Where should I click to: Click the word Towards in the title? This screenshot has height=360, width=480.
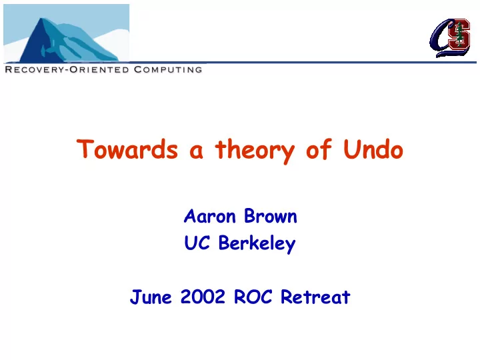(x=127, y=149)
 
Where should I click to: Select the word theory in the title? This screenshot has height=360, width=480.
(x=255, y=151)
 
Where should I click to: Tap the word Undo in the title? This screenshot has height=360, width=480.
(x=373, y=149)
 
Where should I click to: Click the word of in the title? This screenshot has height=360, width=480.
(x=319, y=149)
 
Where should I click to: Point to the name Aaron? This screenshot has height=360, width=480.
(x=210, y=216)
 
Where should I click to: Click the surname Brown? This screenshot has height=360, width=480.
(x=271, y=216)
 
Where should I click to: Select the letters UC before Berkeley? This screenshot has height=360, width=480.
(x=197, y=243)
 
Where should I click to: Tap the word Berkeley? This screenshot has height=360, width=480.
(x=257, y=244)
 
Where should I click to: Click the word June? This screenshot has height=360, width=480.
(x=151, y=297)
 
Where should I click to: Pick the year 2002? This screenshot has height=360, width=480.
(x=203, y=297)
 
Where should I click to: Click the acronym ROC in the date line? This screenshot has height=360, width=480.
(x=253, y=297)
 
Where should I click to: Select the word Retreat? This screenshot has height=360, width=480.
(x=315, y=297)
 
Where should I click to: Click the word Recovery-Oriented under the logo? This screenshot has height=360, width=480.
(x=67, y=69)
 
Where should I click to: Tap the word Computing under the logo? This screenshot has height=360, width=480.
(x=168, y=69)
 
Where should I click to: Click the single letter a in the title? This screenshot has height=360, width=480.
(x=196, y=151)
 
